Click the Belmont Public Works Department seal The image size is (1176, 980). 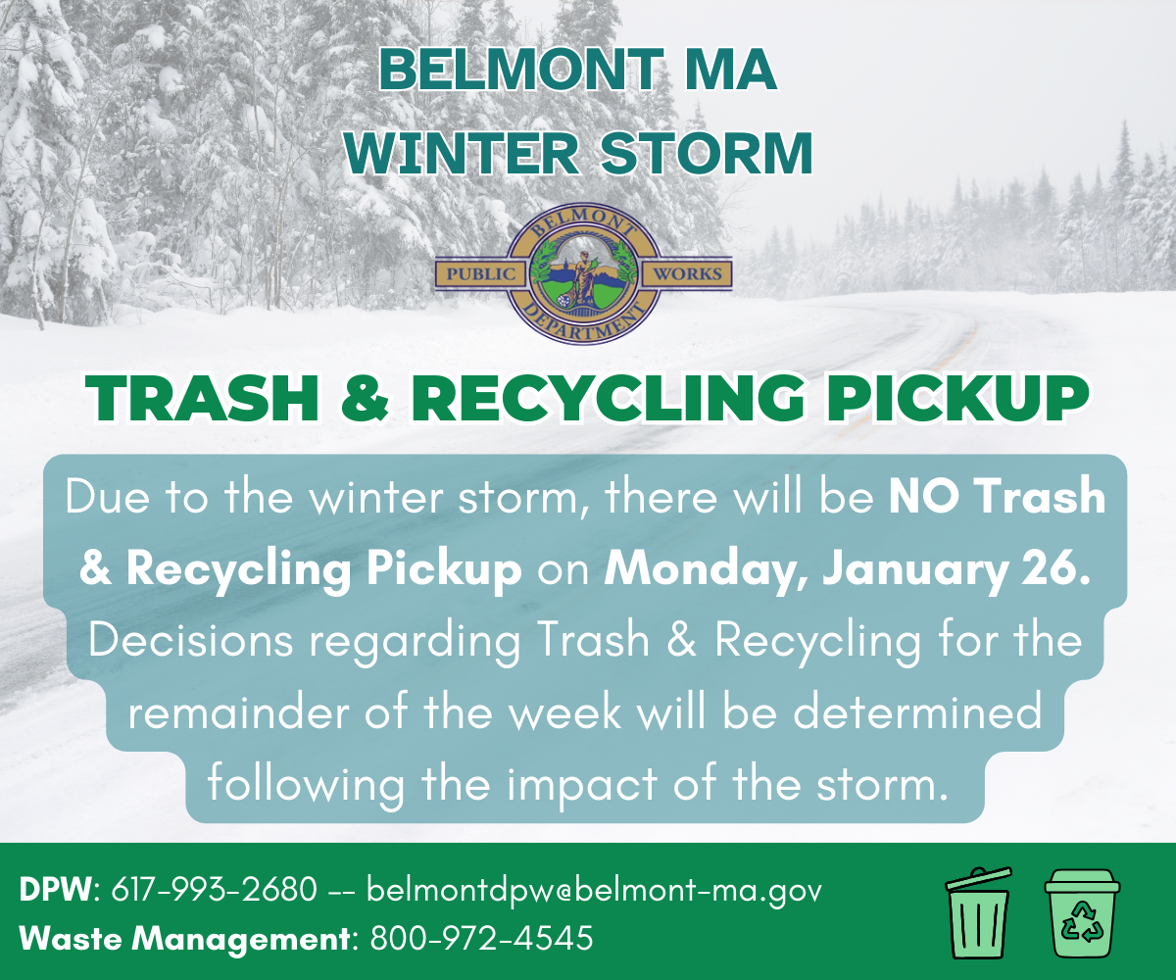584,273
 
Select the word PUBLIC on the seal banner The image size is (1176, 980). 481,274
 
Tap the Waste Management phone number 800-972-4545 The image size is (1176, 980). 481,939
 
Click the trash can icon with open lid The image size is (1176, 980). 977,913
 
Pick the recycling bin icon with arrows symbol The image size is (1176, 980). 1081,913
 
